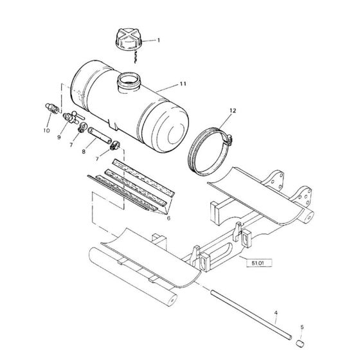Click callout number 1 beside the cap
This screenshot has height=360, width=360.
(x=159, y=40)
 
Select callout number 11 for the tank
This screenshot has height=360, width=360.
(x=183, y=84)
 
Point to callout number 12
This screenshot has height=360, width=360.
(x=231, y=111)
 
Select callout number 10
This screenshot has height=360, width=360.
(x=46, y=130)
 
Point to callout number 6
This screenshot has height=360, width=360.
(x=168, y=217)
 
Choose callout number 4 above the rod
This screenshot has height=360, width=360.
(x=276, y=313)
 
